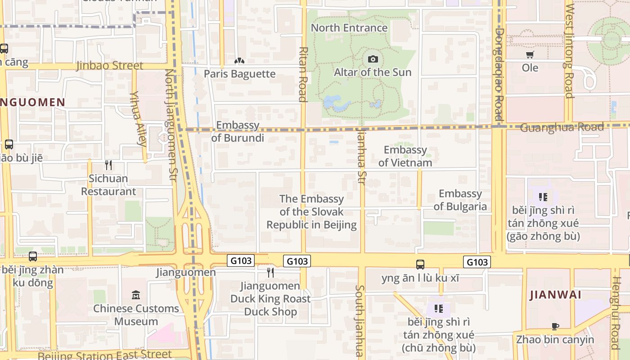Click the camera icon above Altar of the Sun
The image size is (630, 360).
373,59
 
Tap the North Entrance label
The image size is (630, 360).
349,28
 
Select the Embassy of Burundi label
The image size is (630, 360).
238,131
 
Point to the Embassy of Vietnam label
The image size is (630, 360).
405,156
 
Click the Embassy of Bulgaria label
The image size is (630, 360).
460,200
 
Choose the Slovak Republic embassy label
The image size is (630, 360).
311,212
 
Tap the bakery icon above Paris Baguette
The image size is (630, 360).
239,61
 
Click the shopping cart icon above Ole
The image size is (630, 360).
530,55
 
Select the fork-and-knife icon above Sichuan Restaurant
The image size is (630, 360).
108,165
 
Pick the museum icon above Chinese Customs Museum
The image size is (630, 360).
135,295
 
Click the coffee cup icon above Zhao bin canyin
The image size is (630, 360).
555,327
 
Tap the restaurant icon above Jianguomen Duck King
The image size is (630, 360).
270,272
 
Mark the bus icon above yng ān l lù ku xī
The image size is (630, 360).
420,265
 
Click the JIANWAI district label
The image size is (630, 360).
555,295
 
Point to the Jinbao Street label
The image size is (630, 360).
110,66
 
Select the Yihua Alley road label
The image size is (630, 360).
138,119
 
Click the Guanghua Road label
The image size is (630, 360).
562,128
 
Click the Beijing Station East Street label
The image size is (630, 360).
104,355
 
